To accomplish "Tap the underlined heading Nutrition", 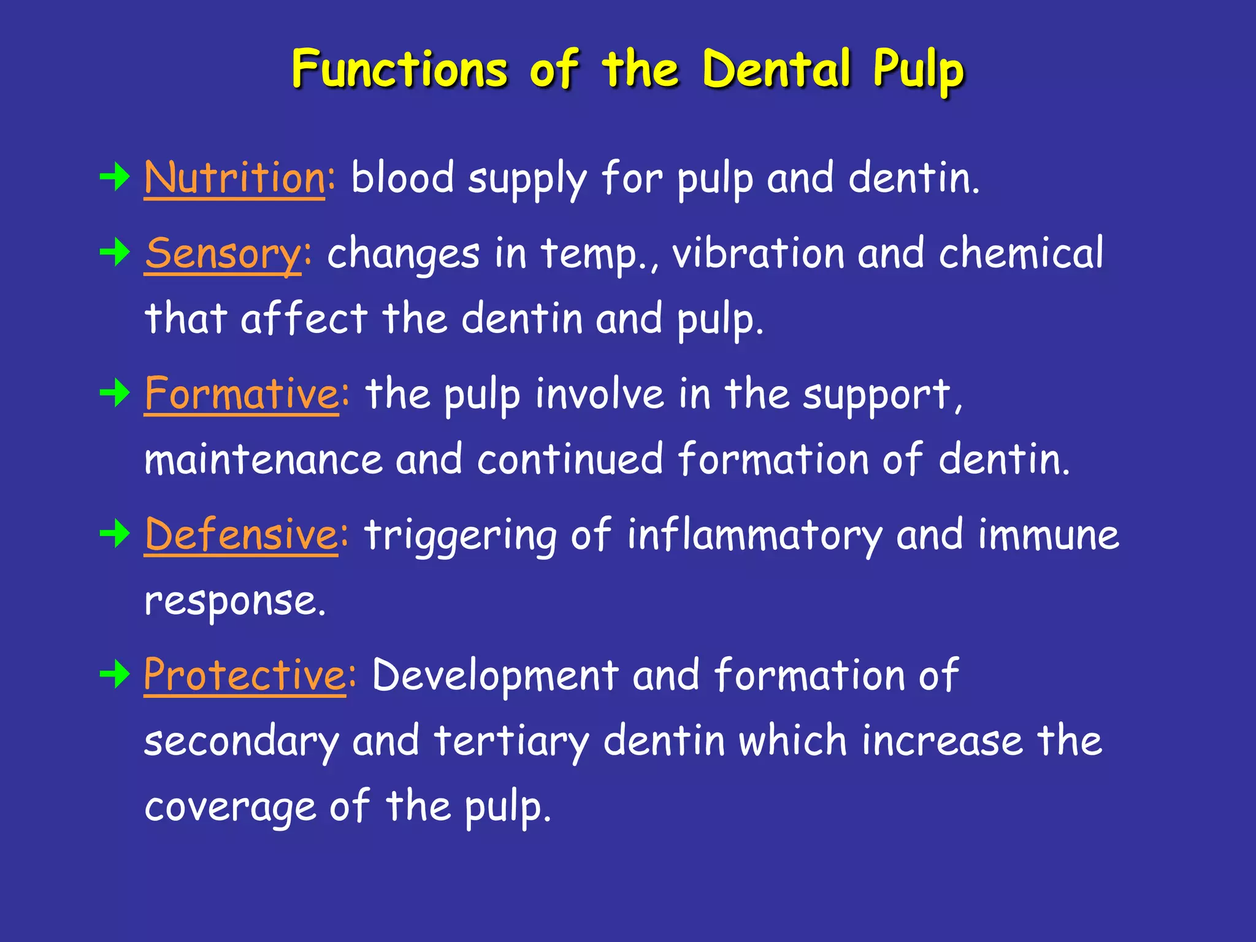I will [x=235, y=178].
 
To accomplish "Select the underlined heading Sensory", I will [x=223, y=253].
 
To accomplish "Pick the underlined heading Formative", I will [x=242, y=394].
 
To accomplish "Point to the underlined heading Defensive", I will [x=241, y=534].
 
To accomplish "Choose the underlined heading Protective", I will [x=245, y=675].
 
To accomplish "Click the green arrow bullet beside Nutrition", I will [x=115, y=178].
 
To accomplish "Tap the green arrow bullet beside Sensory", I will [x=115, y=253].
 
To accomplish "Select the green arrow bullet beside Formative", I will [x=115, y=393].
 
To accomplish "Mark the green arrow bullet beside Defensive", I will [x=115, y=534].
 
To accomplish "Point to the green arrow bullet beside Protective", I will [x=115, y=675].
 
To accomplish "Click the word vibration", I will [x=758, y=253].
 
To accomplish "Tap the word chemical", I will [x=1020, y=253].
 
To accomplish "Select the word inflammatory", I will [x=754, y=535].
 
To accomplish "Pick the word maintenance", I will [x=263, y=459].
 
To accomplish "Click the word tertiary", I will [x=511, y=741].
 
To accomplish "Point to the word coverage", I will [x=230, y=807].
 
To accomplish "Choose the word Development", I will [x=495, y=675].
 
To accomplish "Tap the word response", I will [x=234, y=601].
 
